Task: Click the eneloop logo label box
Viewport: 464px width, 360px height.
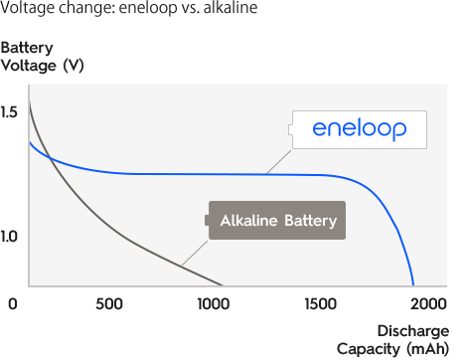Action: tap(361, 129)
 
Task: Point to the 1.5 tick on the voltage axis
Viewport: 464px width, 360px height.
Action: tap(10, 112)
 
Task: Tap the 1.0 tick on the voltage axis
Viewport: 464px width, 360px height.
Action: tap(10, 237)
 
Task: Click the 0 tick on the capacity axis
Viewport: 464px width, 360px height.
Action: tap(11, 303)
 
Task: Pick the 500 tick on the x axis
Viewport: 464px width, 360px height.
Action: tap(110, 303)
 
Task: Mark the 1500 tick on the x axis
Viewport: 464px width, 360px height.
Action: tap(321, 303)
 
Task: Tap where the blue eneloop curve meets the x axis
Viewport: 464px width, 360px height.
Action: tap(413, 285)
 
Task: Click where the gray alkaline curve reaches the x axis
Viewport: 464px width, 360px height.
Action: tap(223, 285)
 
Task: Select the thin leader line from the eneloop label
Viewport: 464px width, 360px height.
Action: tap(280, 159)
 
